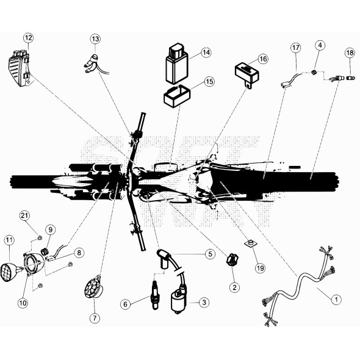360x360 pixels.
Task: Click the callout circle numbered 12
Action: click(27, 38)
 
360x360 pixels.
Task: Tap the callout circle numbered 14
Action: click(206, 52)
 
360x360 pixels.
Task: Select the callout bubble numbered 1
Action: click(334, 298)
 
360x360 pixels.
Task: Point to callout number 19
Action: click(260, 267)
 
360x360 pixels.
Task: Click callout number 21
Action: click(24, 215)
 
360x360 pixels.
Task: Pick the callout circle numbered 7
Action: click(95, 318)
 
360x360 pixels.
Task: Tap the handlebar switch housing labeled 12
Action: click(18, 68)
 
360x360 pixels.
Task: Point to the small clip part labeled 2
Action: click(232, 261)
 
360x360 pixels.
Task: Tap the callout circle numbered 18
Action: click(350, 52)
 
